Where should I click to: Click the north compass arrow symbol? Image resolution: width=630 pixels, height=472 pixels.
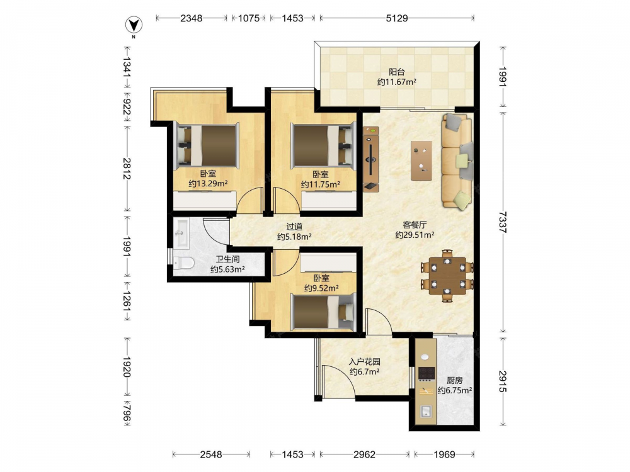pyautogui.click(x=134, y=25)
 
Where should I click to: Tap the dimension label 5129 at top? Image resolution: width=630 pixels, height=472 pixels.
pyautogui.click(x=396, y=18)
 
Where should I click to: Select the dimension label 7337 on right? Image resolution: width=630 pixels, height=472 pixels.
pyautogui.click(x=503, y=222)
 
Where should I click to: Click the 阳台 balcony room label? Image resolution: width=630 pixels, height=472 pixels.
pyautogui.click(x=396, y=72)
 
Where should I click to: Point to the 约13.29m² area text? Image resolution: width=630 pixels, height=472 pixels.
pyautogui.click(x=208, y=184)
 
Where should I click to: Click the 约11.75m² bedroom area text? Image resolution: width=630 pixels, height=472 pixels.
pyautogui.click(x=321, y=184)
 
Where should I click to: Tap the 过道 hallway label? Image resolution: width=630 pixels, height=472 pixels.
pyautogui.click(x=294, y=227)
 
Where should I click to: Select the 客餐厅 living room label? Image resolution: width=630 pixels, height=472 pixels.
pyautogui.click(x=415, y=225)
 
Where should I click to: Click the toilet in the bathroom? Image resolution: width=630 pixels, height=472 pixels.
pyautogui.click(x=183, y=263)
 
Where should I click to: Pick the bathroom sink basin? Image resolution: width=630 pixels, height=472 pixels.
pyautogui.click(x=181, y=232)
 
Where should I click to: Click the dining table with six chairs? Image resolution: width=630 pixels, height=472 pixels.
pyautogui.click(x=447, y=276)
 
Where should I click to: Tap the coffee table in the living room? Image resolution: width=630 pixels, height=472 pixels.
pyautogui.click(x=421, y=160)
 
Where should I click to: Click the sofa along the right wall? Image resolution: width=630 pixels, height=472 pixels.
pyautogui.click(x=457, y=160)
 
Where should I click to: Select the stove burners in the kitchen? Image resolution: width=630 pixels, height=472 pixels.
pyautogui.click(x=427, y=373)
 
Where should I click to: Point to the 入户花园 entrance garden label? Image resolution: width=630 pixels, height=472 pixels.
pyautogui.click(x=364, y=362)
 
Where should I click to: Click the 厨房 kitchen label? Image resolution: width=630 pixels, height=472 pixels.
pyautogui.click(x=454, y=380)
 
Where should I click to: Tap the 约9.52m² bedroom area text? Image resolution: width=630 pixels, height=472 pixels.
pyautogui.click(x=321, y=288)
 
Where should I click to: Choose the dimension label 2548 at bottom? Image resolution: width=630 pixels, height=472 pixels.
pyautogui.click(x=211, y=454)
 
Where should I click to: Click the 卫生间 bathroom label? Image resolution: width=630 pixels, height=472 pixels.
pyautogui.click(x=227, y=259)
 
